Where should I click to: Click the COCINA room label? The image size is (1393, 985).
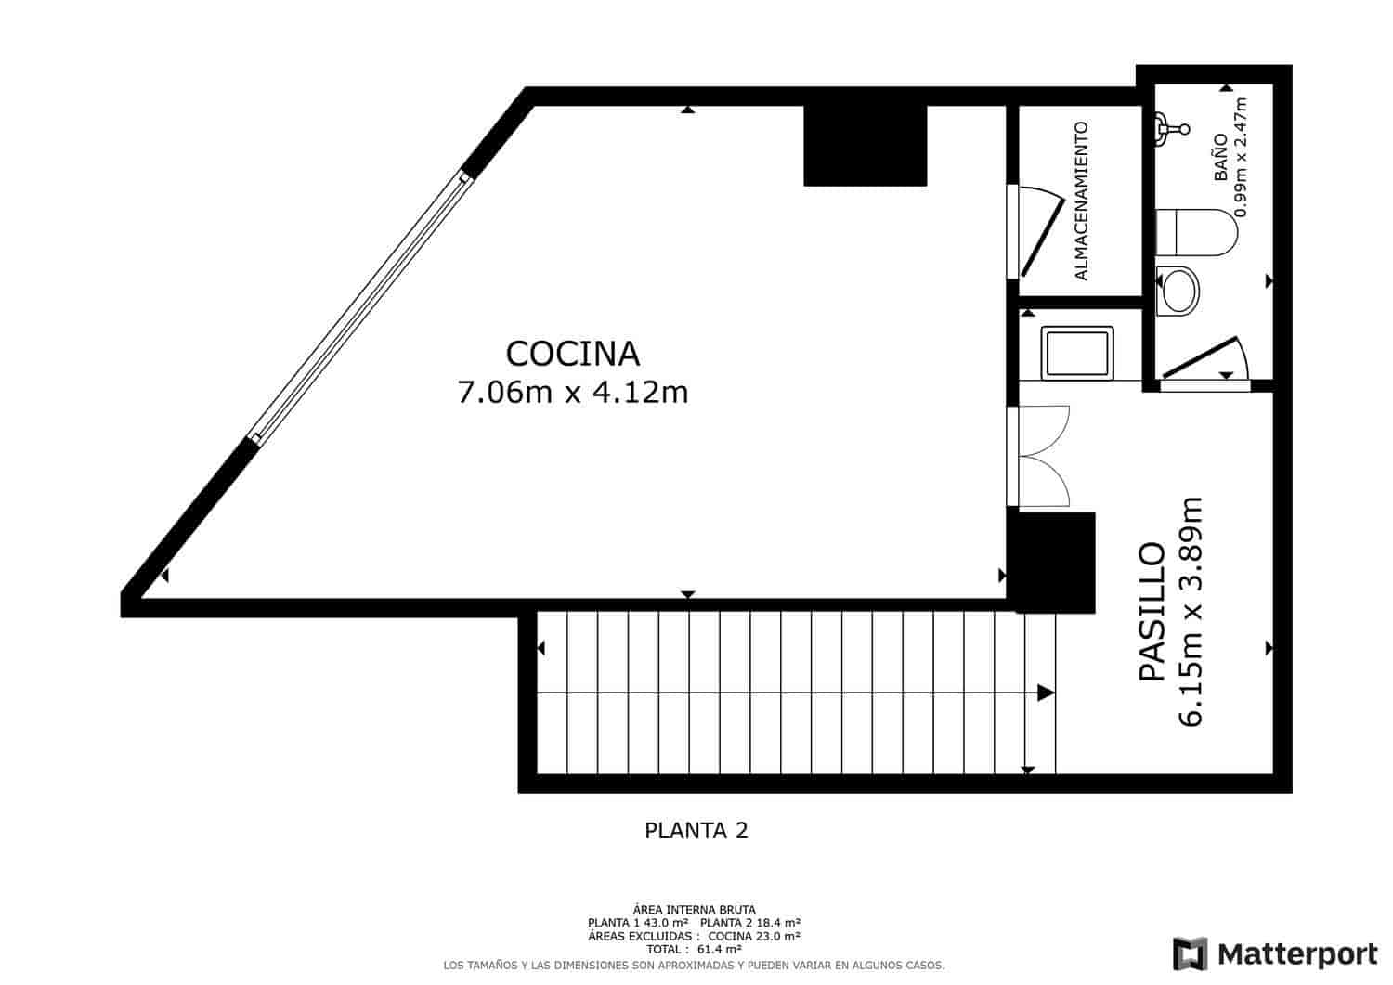(573, 354)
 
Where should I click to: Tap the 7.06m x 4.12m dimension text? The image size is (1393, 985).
(573, 393)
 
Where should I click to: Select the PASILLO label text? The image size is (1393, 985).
(1152, 612)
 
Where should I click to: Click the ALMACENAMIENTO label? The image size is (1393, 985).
(1081, 201)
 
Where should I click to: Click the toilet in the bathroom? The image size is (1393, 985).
(1196, 231)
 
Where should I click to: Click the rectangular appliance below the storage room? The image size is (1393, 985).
(1077, 352)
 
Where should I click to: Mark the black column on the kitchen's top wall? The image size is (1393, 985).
(865, 145)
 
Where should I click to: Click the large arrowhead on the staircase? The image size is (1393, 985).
(1046, 693)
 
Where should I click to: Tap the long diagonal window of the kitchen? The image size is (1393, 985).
(361, 305)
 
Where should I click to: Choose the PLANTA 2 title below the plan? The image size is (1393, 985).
(696, 830)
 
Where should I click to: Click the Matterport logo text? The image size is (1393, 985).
(1297, 953)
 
